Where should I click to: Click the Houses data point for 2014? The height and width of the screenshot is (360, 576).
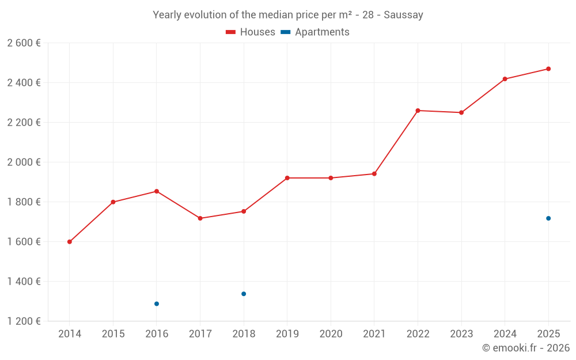click(70, 242)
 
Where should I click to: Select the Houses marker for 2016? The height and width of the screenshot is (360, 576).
click(157, 191)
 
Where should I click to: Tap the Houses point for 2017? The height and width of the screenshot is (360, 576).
click(200, 218)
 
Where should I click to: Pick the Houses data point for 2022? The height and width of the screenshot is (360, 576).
click(418, 111)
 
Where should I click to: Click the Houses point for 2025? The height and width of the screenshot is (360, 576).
click(548, 69)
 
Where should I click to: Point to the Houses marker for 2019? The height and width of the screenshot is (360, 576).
click(287, 178)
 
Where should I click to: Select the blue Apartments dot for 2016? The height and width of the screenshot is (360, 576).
click(157, 304)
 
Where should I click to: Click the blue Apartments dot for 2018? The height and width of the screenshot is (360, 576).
click(244, 294)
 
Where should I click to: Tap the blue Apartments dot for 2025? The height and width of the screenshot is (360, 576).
click(548, 218)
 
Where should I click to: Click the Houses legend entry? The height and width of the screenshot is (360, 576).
click(251, 32)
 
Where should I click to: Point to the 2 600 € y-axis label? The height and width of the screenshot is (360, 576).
click(24, 43)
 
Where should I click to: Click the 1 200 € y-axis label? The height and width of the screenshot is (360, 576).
click(24, 321)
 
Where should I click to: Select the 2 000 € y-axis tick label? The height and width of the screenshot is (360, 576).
click(24, 162)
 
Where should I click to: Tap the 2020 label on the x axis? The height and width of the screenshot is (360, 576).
click(331, 334)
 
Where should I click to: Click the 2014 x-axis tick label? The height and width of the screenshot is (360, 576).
click(70, 334)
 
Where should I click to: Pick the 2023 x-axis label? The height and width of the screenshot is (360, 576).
click(461, 334)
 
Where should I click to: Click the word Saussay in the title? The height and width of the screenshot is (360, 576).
click(404, 15)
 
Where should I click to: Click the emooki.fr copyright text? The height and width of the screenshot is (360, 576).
click(526, 348)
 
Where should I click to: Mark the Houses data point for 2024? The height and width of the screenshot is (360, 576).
click(505, 79)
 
